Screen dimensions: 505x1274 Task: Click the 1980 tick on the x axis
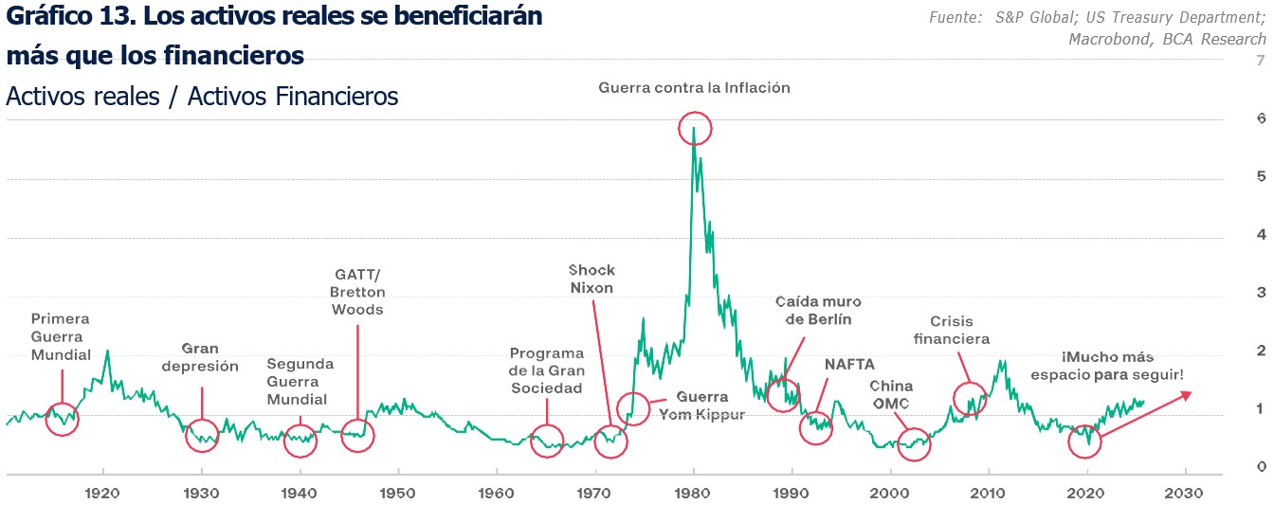coord(694,493)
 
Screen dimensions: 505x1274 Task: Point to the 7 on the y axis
coord(1234,61)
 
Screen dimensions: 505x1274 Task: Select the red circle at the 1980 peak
coord(695,128)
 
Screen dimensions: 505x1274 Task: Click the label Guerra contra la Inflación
coord(694,87)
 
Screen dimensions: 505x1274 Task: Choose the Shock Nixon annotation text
coord(591,280)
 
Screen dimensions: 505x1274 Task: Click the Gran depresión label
coord(200,357)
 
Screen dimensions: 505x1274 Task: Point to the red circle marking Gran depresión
coord(201,436)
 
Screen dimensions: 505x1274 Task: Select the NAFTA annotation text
coord(849,364)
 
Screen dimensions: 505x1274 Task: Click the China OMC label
coord(891,395)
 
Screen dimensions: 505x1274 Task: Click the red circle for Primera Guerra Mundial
coord(62,418)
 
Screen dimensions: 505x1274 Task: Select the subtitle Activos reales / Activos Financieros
coord(202,97)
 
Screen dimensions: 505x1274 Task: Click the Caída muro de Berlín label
coord(818,310)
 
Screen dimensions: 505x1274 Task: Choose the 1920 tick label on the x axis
coord(102,493)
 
